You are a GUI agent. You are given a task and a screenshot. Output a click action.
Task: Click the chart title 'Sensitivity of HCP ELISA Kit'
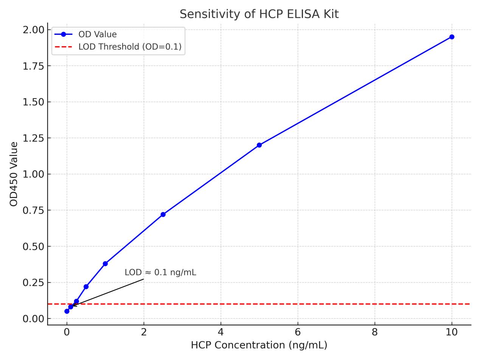tap(259, 14)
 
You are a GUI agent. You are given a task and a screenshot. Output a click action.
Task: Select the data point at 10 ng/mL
tap(452, 37)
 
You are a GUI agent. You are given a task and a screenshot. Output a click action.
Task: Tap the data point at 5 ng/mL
tap(259, 145)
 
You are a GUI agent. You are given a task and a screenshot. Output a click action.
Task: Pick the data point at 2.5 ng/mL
tap(163, 214)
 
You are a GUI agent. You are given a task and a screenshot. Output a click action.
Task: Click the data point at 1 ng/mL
tap(105, 264)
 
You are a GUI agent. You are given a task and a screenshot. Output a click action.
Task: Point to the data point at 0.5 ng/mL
tap(86, 287)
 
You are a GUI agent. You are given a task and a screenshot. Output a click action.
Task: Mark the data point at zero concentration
tap(67, 311)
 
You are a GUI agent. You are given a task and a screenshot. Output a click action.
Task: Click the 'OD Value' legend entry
tap(97, 34)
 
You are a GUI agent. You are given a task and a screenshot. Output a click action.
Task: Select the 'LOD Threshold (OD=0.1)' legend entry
tap(130, 47)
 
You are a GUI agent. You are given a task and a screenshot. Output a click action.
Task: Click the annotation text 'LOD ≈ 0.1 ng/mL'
tap(160, 273)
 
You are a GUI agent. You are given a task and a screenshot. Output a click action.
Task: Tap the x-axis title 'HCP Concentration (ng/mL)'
tap(259, 345)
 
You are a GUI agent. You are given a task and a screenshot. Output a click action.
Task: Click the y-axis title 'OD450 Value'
tap(14, 174)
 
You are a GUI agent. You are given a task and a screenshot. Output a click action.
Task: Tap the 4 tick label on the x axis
tap(221, 332)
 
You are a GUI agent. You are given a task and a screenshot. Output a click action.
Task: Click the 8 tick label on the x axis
tap(374, 332)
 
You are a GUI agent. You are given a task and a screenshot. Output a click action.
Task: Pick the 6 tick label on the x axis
tap(298, 332)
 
